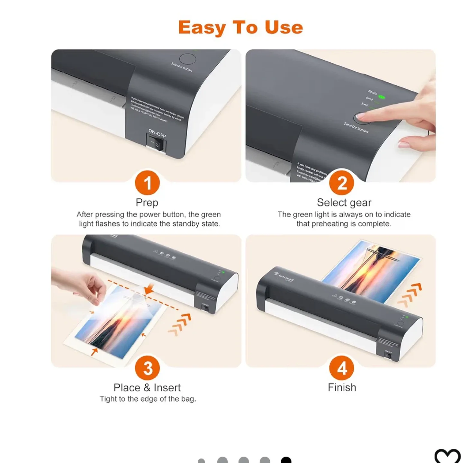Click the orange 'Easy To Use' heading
click(x=240, y=27)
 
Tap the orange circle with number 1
click(x=147, y=183)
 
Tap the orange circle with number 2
click(x=342, y=183)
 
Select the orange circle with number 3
click(x=147, y=368)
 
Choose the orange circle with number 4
click(x=342, y=368)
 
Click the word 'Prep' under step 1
click(x=147, y=203)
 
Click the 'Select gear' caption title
click(x=344, y=203)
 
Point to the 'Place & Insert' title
click(x=147, y=388)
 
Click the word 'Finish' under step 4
click(x=342, y=387)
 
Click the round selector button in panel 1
click(x=187, y=59)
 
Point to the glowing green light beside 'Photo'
click(x=382, y=97)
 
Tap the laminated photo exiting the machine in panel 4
click(x=370, y=270)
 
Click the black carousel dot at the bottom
click(x=286, y=460)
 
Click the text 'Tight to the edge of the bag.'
click(x=148, y=399)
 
